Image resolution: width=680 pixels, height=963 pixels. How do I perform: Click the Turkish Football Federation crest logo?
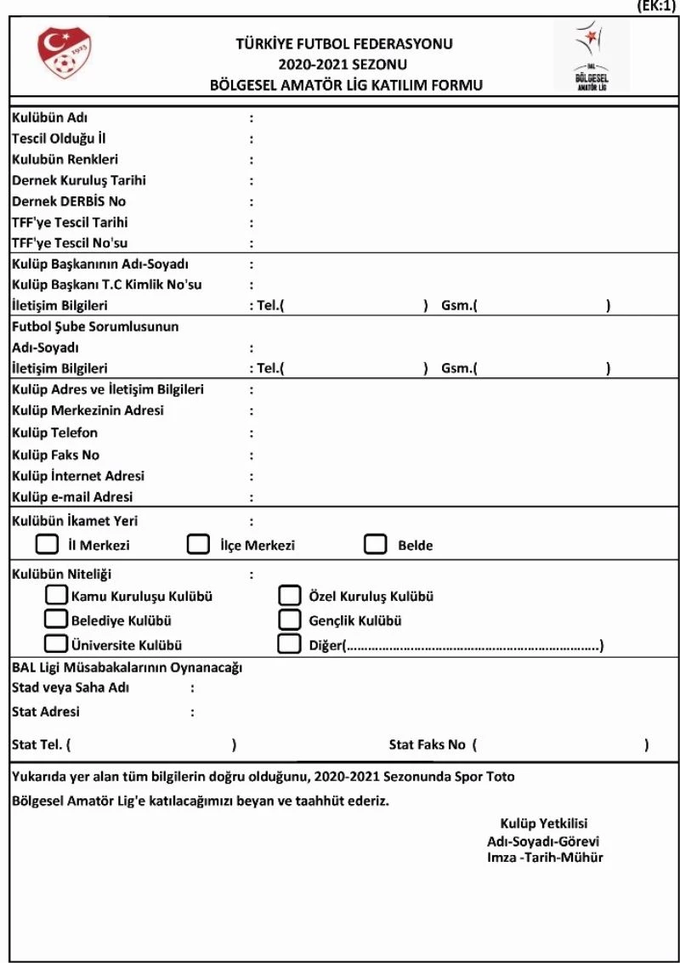[x=65, y=54]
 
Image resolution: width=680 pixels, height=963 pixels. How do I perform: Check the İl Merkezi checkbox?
[x=48, y=544]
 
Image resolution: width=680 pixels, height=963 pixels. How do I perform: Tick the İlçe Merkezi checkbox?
[x=198, y=544]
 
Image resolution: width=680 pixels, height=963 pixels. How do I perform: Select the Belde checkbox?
[x=376, y=544]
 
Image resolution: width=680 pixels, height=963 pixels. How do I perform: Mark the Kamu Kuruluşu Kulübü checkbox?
[x=57, y=595]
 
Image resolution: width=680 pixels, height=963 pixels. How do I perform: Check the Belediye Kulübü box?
[x=57, y=620]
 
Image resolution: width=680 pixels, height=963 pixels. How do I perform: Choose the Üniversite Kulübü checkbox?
[x=57, y=643]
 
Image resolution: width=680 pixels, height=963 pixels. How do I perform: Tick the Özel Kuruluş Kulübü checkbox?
[x=290, y=595]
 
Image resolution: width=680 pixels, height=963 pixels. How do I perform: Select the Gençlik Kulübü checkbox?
[x=290, y=620]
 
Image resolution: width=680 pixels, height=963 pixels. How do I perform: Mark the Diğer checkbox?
[x=290, y=643]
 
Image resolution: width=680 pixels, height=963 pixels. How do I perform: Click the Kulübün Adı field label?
[x=50, y=117]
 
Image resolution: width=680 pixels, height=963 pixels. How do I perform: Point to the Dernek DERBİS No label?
[x=69, y=201]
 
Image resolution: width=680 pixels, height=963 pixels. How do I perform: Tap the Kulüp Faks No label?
[x=55, y=455]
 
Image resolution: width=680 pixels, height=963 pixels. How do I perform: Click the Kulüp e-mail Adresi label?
[x=72, y=497]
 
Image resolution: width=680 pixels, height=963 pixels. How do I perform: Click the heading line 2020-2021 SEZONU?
[x=343, y=64]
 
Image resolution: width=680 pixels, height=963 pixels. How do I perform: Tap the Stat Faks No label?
[x=427, y=745]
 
